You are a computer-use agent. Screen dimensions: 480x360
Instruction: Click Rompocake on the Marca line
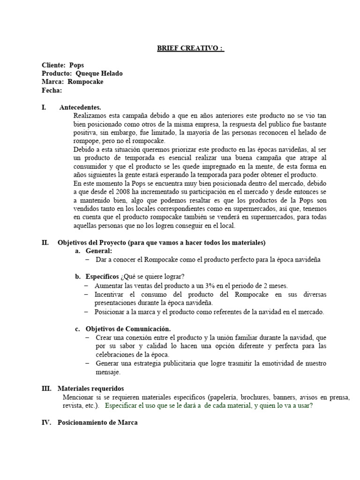(x=86, y=82)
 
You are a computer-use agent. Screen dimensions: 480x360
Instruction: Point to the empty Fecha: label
(x=52, y=90)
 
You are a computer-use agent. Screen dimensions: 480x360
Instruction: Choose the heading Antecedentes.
(x=80, y=107)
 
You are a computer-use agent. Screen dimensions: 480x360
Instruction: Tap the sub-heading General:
(x=99, y=251)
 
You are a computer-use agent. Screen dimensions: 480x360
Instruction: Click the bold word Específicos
(x=102, y=276)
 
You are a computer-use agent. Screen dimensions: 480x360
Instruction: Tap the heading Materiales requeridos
(x=90, y=389)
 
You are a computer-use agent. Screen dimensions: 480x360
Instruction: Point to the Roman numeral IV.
(x=46, y=423)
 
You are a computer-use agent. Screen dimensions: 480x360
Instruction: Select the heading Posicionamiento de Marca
(x=97, y=423)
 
